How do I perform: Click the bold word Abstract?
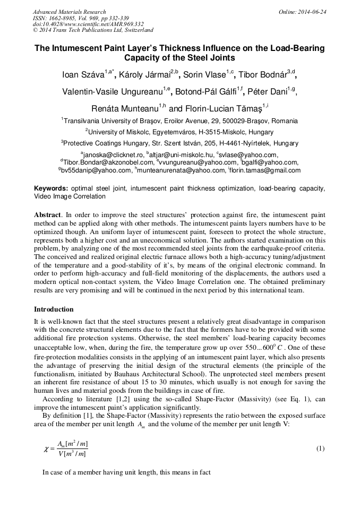coord(47,215)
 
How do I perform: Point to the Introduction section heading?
coord(54,309)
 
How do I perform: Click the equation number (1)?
coord(320,448)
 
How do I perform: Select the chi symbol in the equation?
coord(46,449)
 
